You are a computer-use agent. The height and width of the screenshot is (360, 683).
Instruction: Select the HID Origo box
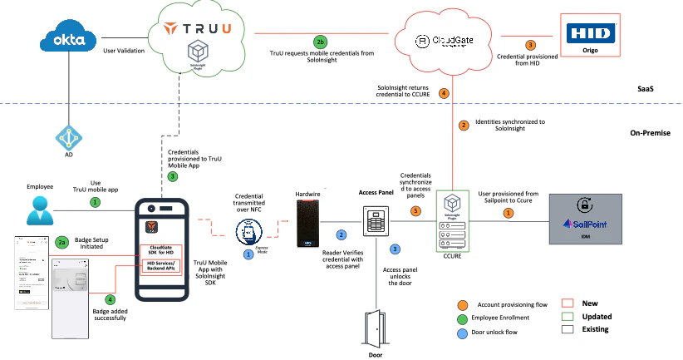tap(590, 37)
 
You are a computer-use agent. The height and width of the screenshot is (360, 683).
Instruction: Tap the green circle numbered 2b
tap(320, 42)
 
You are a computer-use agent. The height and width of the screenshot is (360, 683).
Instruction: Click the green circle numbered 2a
tap(62, 242)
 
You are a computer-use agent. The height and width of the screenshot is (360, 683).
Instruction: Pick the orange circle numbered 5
tap(416, 211)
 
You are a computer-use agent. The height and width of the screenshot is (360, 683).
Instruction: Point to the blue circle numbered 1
tap(248, 254)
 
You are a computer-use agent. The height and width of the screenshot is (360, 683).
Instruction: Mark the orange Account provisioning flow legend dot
tap(462, 304)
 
